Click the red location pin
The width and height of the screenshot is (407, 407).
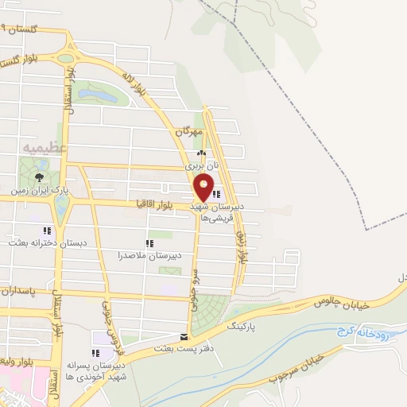pyautogui.click(x=204, y=188)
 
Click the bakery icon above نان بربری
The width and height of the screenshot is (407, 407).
pyautogui.click(x=200, y=154)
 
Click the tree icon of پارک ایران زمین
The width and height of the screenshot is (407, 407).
pyautogui.click(x=39, y=178)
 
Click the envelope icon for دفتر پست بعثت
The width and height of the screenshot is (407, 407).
pyautogui.click(x=184, y=336)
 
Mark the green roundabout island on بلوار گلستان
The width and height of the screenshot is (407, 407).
pyautogui.click(x=66, y=58)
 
